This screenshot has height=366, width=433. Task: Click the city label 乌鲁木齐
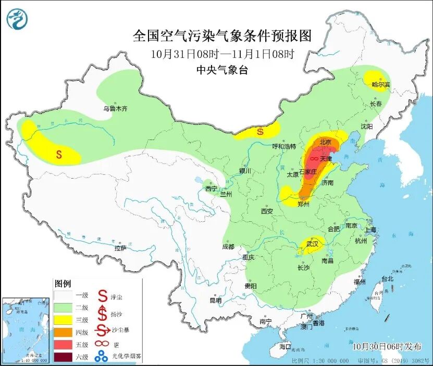coord(115,109)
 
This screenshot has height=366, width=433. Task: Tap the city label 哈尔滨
coord(380,84)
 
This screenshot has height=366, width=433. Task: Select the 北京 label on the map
coord(325,141)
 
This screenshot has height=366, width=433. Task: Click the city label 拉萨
coord(120,248)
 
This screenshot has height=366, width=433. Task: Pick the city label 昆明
coord(215,300)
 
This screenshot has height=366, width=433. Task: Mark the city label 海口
coord(285,346)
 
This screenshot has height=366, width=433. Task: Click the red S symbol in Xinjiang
coord(59,154)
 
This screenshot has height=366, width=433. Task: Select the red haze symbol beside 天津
coord(314,158)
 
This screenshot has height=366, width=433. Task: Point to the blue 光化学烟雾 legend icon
coord(102,357)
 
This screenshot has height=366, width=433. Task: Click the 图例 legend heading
coord(63,284)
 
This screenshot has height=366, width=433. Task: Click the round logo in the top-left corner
coord(17,19)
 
